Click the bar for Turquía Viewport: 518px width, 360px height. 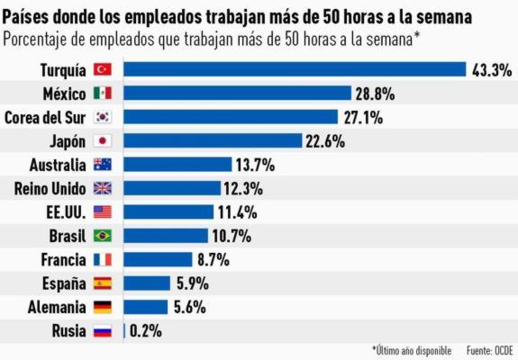pyautogui.click(x=294, y=69)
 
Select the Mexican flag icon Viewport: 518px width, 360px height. pyautogui.click(x=102, y=93)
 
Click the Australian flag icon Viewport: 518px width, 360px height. pyautogui.click(x=102, y=164)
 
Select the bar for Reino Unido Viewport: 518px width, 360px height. pyautogui.click(x=171, y=188)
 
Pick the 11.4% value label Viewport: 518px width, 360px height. pyautogui.click(x=237, y=211)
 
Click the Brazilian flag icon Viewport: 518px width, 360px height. pyautogui.click(x=102, y=236)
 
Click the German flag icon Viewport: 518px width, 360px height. pyautogui.click(x=102, y=307)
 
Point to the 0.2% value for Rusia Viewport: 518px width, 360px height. pyautogui.click(x=146, y=330)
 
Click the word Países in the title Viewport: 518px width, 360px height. pyautogui.click(x=26, y=16)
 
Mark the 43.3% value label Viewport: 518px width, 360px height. pyautogui.click(x=490, y=69)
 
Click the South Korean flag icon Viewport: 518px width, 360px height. pyautogui.click(x=102, y=117)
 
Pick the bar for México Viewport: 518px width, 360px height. pyautogui.click(x=237, y=93)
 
